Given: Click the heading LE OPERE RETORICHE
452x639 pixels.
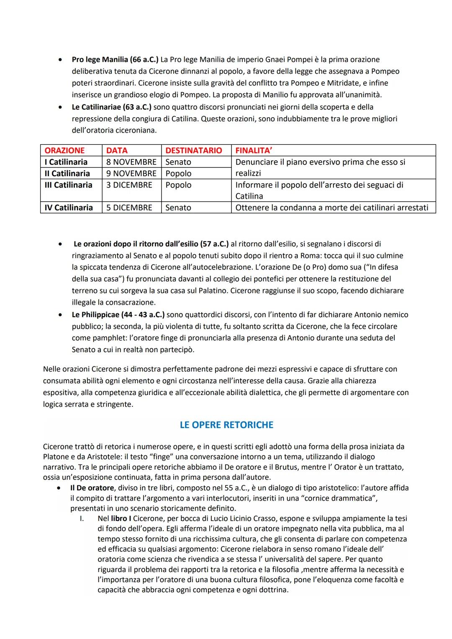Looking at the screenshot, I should pos(226,425).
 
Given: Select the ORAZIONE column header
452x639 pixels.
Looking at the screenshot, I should pos(64,151).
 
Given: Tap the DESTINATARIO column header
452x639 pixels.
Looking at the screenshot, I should pos(193,151).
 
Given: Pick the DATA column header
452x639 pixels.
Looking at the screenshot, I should pos(117,151).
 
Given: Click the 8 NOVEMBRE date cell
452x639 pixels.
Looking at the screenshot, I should pos(131,162).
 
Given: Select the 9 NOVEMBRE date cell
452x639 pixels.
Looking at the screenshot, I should pos(131,173).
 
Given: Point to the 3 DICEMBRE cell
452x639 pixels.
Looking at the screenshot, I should pos(129,185).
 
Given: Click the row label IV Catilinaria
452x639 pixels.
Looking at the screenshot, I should pos(69,208).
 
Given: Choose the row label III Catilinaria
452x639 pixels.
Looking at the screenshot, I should pos(68,185).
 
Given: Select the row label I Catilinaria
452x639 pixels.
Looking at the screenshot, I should pos(66,162).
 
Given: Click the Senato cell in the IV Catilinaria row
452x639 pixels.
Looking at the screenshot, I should pos(178,208).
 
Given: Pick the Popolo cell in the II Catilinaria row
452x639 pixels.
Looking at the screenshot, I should pos(178,173).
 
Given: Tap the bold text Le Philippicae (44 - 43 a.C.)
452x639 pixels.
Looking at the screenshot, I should pos(118,314).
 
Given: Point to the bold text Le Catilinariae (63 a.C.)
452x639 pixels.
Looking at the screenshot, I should pos(111,107).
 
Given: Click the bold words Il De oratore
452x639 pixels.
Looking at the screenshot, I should pos(92,488).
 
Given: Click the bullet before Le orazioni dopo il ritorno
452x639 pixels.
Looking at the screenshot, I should pos(61,244).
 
